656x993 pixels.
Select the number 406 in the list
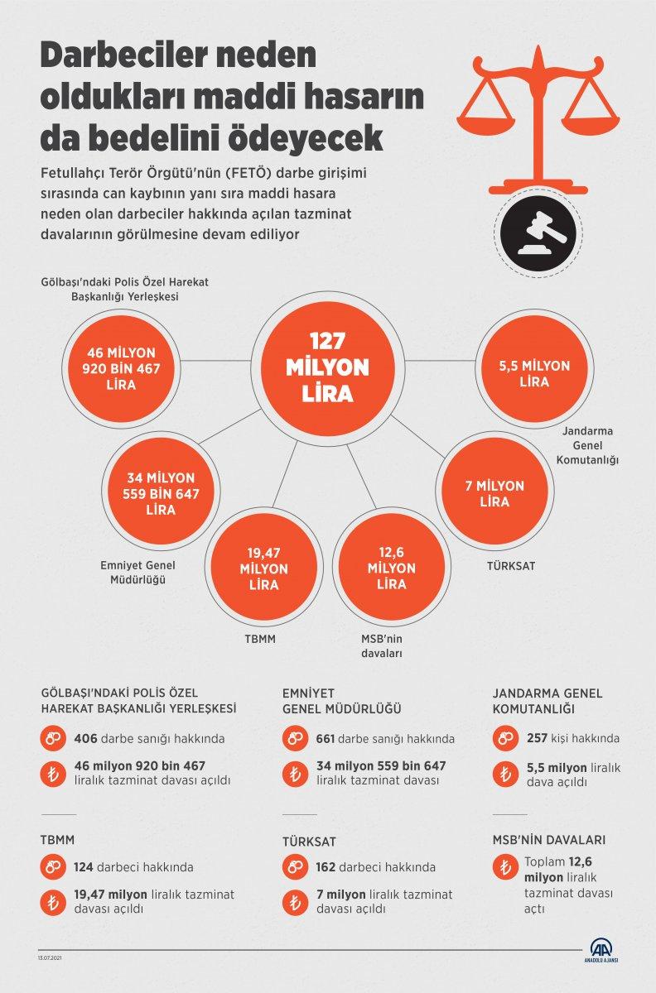[x=85, y=738]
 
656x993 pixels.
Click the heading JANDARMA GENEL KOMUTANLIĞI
[x=547, y=701]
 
